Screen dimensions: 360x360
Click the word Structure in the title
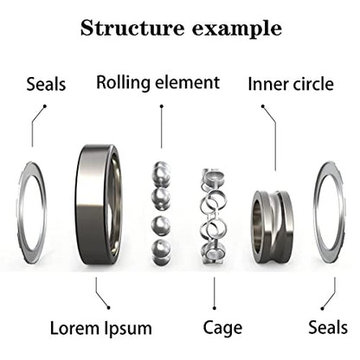point(132,28)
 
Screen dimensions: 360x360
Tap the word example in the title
point(237,29)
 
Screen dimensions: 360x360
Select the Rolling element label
point(157,83)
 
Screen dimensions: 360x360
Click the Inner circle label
point(291,84)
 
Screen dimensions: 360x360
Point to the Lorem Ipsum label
point(101,329)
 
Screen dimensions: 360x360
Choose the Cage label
point(222,328)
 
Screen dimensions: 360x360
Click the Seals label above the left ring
point(46,84)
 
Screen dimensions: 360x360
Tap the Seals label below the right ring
point(328,327)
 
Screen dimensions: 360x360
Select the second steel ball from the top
point(161,199)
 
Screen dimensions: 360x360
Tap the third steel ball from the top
point(161,227)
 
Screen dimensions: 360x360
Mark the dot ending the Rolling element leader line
point(162,106)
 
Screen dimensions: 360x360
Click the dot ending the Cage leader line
point(215,308)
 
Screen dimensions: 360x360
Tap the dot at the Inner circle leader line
point(263,106)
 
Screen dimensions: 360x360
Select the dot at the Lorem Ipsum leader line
point(108,308)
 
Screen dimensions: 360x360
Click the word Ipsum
point(128,329)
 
